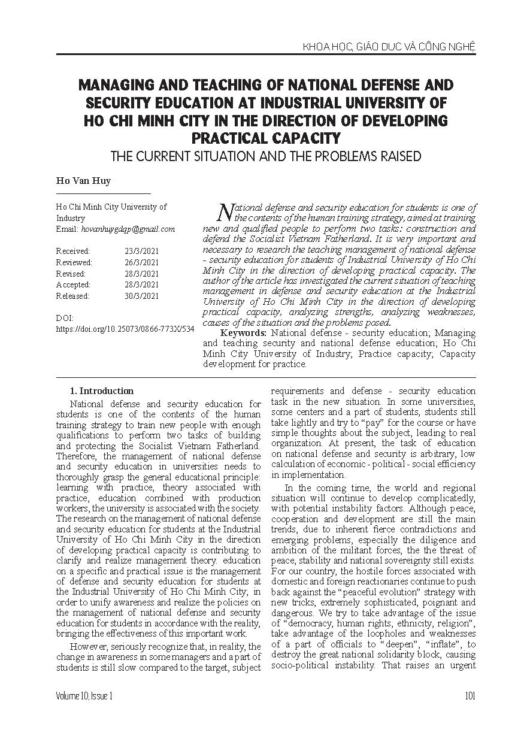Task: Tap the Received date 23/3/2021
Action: tap(142, 252)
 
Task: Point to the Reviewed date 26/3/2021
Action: tap(142, 262)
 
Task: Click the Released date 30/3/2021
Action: tap(142, 296)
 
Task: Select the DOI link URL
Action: tap(125, 329)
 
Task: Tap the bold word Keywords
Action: tap(244, 332)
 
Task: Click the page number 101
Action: tap(470, 695)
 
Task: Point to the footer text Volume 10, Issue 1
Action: tap(84, 695)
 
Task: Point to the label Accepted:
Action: tap(73, 285)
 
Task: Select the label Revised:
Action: tap(71, 274)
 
